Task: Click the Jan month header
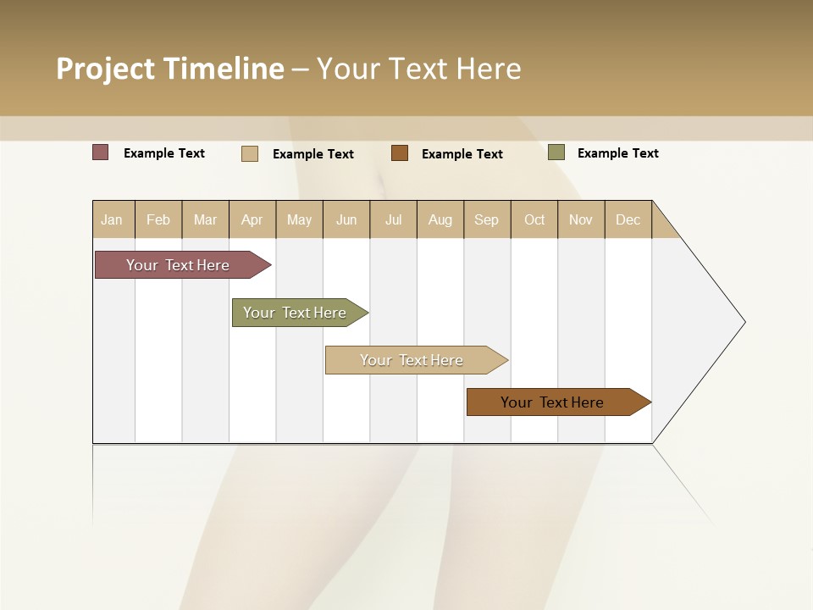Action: coord(113,219)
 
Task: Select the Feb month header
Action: coord(158,219)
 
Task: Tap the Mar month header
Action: coord(205,219)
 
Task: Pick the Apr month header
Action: coord(252,219)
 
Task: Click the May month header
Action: coord(299,219)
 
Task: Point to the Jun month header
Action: coord(346,219)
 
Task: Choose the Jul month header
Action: coord(393,219)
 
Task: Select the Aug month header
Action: coord(440,219)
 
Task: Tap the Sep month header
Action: coord(487,219)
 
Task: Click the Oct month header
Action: coord(534,219)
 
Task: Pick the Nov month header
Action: coord(581,219)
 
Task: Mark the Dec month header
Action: coord(628,219)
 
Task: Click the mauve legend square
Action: coord(101,152)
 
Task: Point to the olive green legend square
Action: coord(556,152)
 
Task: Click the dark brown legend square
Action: coord(400,152)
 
